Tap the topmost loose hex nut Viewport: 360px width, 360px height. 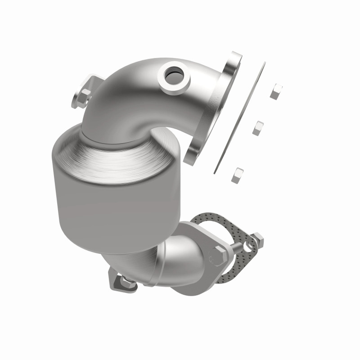tap(275, 91)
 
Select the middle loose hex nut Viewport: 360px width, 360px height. tap(257, 128)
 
